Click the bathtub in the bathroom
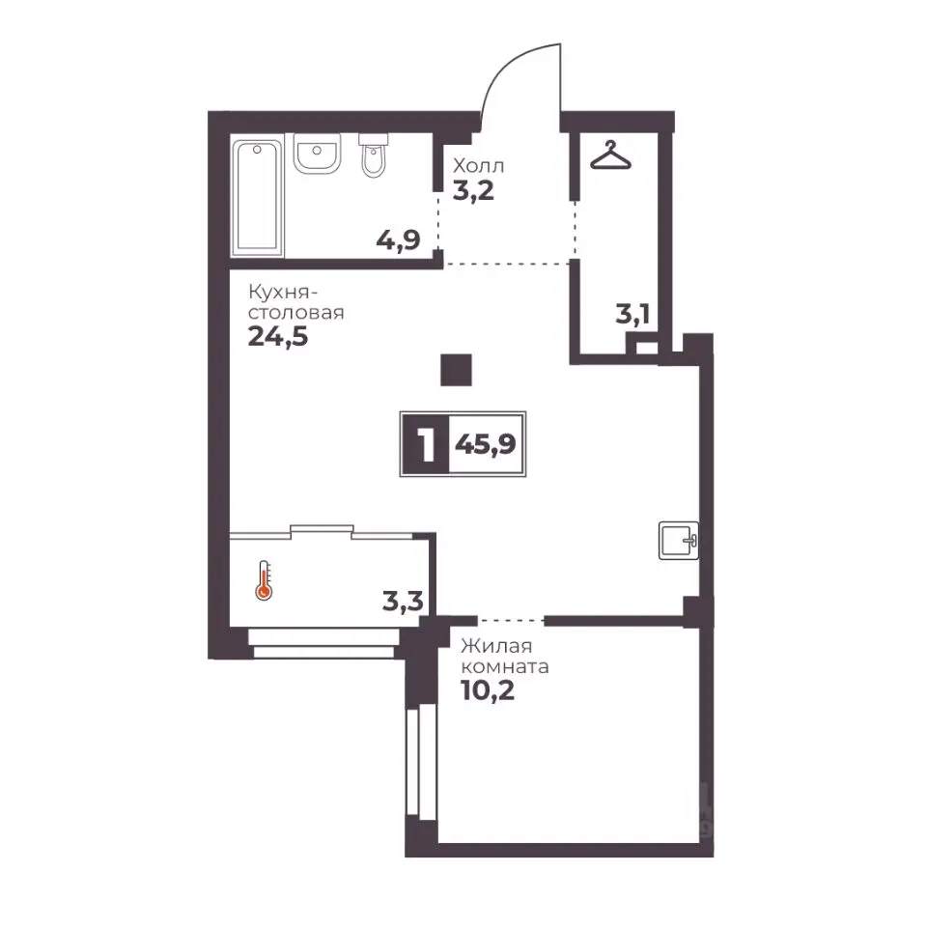point(257,197)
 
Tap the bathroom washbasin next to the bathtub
point(317,154)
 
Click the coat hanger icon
point(610,155)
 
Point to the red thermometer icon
point(264,581)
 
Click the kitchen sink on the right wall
point(679,541)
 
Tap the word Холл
point(478,165)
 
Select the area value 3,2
point(473,191)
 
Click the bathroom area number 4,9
point(399,240)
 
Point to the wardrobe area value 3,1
point(632,314)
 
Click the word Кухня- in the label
point(284,292)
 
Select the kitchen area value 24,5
point(278,337)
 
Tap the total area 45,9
point(486,444)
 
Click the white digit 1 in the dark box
point(426,444)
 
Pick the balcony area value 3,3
point(403,602)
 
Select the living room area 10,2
point(488,689)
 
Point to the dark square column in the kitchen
point(457,370)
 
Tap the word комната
point(505,667)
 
